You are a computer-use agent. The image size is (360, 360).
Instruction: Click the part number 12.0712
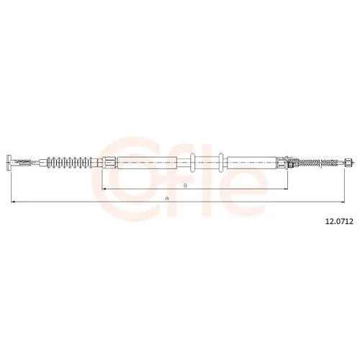pyautogui.click(x=339, y=222)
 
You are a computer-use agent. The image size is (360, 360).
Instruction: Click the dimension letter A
pyautogui.click(x=167, y=199)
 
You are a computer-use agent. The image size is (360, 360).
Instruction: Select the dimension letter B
pyautogui.click(x=185, y=186)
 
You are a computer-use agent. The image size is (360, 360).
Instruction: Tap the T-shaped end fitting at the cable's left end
pyautogui.click(x=9, y=163)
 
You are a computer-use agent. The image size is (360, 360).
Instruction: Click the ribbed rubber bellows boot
pyautogui.click(x=70, y=163)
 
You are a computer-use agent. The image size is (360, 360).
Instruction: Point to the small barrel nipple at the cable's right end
pyautogui.click(x=348, y=162)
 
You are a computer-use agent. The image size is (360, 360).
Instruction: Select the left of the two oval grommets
pyautogui.click(x=192, y=163)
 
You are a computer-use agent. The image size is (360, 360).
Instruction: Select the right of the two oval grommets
pyautogui.click(x=221, y=163)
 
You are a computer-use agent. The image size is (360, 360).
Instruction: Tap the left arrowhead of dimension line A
pyautogui.click(x=13, y=202)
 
